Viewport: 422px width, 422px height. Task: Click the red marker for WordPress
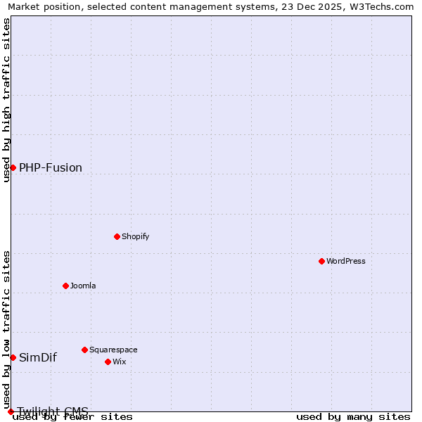[321, 261]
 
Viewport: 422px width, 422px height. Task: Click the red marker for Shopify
[117, 236]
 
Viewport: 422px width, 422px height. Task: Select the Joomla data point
[65, 286]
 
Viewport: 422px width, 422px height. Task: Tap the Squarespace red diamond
[84, 350]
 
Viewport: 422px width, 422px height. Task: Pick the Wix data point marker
[108, 362]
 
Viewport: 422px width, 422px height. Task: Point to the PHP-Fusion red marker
[13, 167]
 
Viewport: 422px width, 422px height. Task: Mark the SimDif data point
[13, 357]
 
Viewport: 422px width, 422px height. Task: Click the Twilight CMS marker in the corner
[11, 411]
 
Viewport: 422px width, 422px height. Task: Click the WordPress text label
[345, 261]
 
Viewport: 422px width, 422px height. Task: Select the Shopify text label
[135, 236]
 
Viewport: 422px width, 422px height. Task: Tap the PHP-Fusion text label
[51, 167]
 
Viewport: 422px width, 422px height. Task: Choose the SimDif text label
[38, 357]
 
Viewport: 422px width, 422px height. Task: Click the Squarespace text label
[113, 350]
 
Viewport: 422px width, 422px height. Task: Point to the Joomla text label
[83, 286]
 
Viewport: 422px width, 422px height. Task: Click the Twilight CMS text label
[53, 411]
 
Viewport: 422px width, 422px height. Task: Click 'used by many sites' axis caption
[353, 417]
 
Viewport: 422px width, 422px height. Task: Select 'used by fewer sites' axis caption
[72, 417]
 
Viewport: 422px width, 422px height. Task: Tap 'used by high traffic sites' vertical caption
[6, 100]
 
